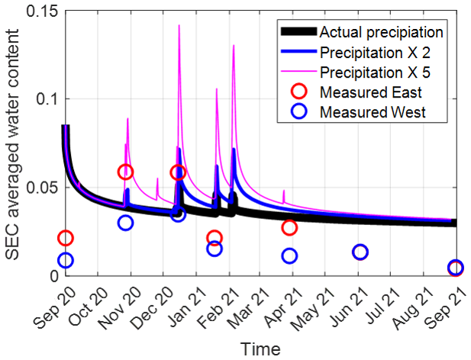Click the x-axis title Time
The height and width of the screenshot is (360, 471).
click(x=260, y=349)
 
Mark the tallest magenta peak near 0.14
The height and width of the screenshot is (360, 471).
click(x=179, y=26)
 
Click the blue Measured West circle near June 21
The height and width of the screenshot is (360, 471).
click(x=360, y=252)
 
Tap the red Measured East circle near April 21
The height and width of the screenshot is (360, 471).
click(x=289, y=227)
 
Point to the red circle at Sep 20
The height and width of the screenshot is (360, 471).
click(x=66, y=239)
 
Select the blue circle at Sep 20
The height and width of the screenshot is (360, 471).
click(x=66, y=260)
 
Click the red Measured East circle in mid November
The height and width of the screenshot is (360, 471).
click(x=125, y=172)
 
